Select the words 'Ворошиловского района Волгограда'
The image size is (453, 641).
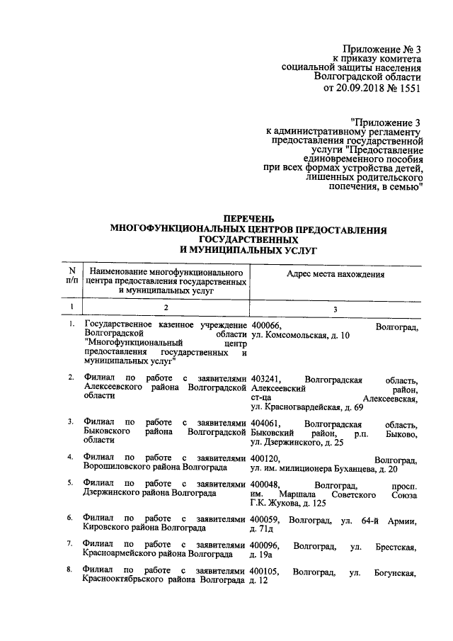point(155,469)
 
